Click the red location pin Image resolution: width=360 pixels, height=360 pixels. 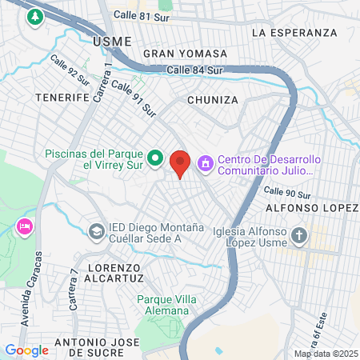(181, 162)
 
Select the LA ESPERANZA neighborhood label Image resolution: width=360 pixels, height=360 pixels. (294, 33)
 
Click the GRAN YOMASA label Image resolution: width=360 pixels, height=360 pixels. (185, 54)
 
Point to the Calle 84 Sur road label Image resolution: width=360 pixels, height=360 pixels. (194, 70)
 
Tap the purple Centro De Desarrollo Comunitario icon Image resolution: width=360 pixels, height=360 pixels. (206, 163)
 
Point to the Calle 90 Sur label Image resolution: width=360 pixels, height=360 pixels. (286, 193)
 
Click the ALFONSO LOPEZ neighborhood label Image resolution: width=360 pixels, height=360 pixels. (318, 209)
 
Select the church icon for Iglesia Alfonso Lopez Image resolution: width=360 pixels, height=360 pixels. (299, 235)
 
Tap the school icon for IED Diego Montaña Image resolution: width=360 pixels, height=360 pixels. (96, 231)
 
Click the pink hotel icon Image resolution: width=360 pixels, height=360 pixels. (24, 227)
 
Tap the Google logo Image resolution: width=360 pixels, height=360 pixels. (27, 350)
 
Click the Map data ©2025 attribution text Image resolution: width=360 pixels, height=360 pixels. (325, 354)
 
